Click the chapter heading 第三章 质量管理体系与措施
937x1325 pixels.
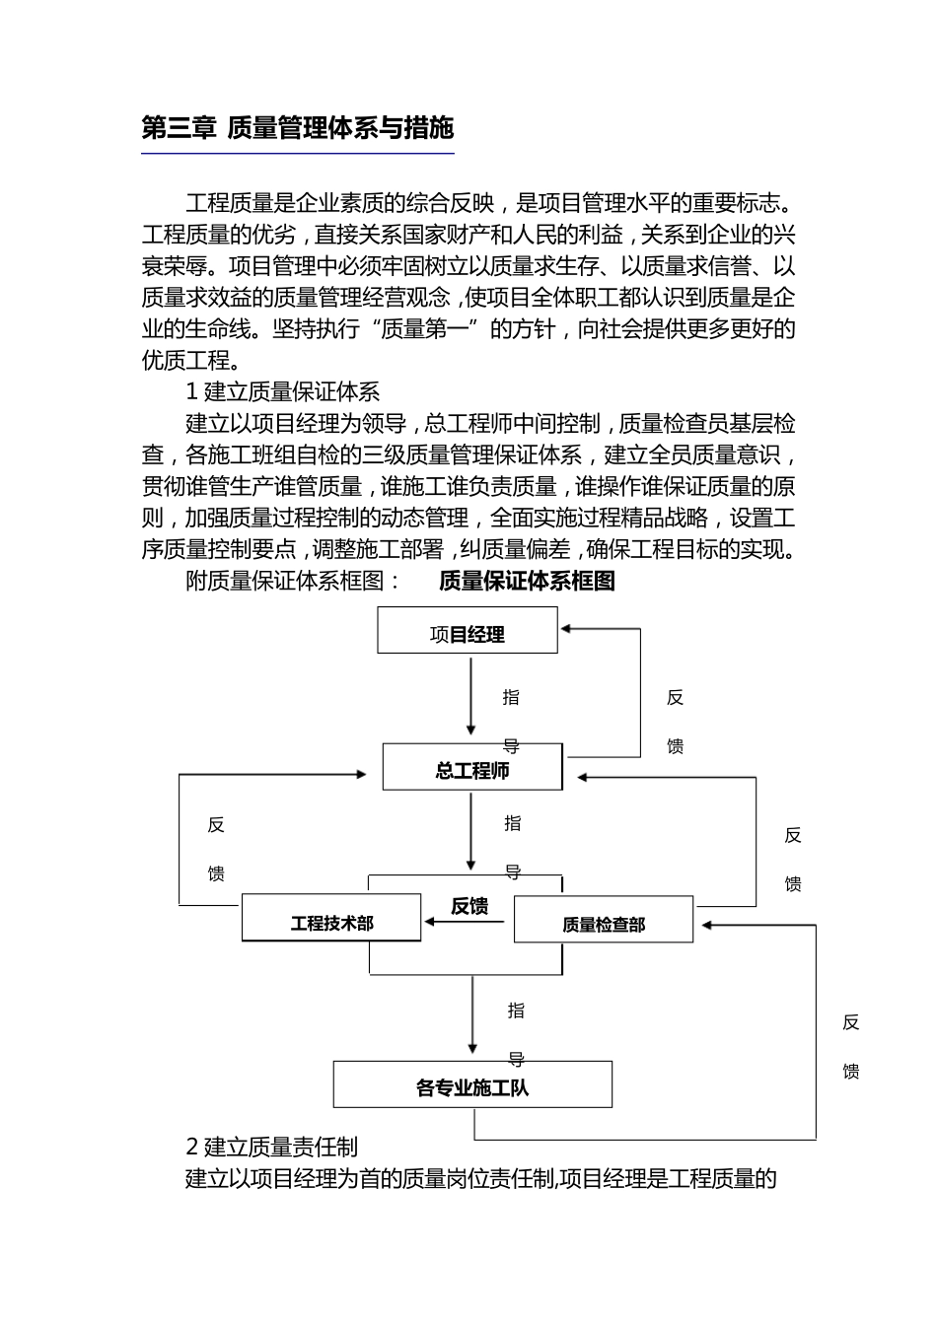click(x=297, y=128)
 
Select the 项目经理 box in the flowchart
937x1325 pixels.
click(x=468, y=631)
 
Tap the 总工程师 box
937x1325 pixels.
click(x=472, y=768)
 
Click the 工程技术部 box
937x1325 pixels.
click(x=331, y=919)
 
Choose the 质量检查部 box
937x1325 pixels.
click(x=604, y=921)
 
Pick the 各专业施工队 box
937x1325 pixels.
click(x=472, y=1085)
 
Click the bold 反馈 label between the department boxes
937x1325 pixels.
click(x=469, y=905)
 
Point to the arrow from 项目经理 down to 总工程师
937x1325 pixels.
click(x=471, y=695)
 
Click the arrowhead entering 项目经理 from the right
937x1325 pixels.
click(x=566, y=629)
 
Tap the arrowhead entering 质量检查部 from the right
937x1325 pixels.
click(x=706, y=925)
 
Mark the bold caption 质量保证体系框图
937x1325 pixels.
click(x=527, y=581)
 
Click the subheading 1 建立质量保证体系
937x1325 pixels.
click(x=283, y=392)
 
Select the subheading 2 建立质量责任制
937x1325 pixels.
click(x=272, y=1147)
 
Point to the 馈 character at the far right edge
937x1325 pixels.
click(x=851, y=1071)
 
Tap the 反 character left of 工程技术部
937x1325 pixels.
click(x=216, y=825)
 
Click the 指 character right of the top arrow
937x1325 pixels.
click(x=511, y=697)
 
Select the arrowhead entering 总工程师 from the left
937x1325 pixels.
click(x=361, y=775)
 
